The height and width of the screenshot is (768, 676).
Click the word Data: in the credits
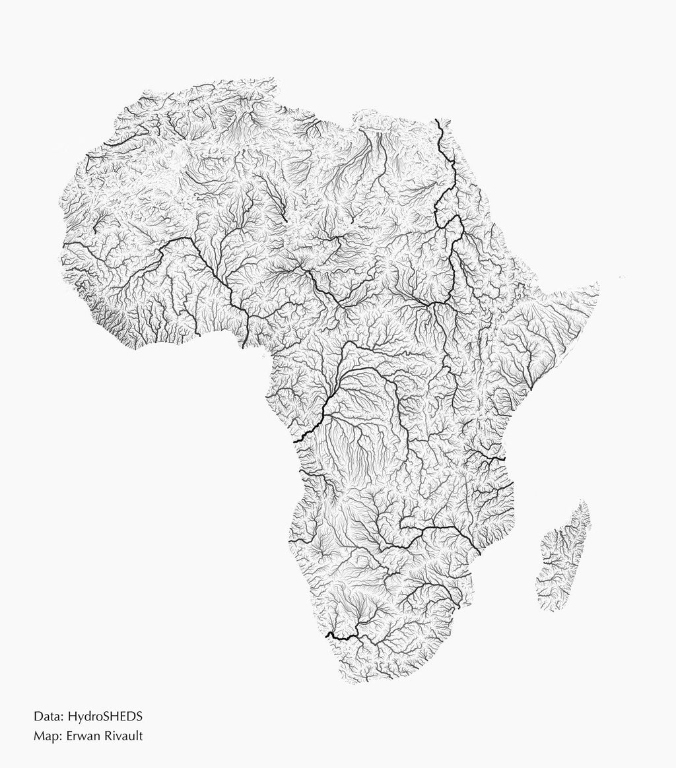tap(48, 716)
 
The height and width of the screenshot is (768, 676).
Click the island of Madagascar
tap(562, 561)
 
